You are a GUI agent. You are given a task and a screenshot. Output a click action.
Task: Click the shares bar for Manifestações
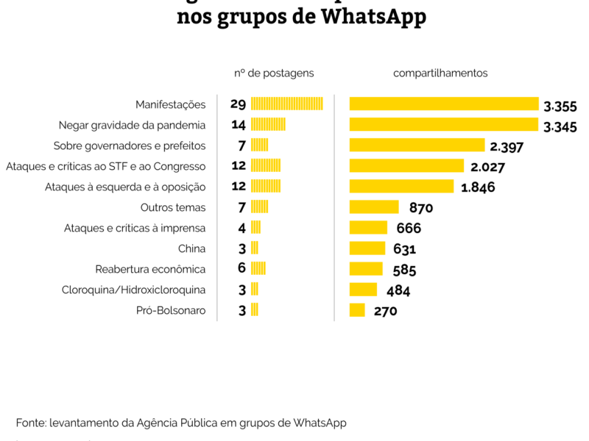click(444, 104)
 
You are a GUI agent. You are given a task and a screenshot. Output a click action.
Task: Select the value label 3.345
click(560, 127)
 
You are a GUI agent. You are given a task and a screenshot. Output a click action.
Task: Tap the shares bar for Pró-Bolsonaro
click(357, 310)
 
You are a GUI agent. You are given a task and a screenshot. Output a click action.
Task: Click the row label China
click(191, 248)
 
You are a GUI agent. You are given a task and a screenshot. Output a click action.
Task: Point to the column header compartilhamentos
click(440, 73)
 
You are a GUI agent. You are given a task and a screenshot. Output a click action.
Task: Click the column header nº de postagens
click(274, 73)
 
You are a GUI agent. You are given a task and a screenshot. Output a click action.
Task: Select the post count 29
click(238, 104)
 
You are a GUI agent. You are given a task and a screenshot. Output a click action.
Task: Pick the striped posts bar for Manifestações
click(287, 104)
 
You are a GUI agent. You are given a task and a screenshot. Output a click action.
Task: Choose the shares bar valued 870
click(374, 207)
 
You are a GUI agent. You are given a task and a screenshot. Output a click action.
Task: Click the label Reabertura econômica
click(150, 269)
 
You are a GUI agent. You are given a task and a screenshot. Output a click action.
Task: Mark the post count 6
click(241, 268)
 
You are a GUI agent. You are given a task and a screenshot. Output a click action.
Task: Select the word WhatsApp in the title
click(374, 16)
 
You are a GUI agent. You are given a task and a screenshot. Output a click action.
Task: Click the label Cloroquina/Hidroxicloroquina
click(133, 290)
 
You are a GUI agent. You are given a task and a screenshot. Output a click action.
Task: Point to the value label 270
click(385, 311)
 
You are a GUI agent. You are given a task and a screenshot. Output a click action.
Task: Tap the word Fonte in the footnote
click(30, 423)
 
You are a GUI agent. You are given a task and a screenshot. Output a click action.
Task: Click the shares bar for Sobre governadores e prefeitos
click(417, 145)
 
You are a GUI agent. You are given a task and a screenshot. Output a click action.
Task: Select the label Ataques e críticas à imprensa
click(135, 228)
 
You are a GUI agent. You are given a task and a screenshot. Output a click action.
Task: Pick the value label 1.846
click(478, 187)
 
